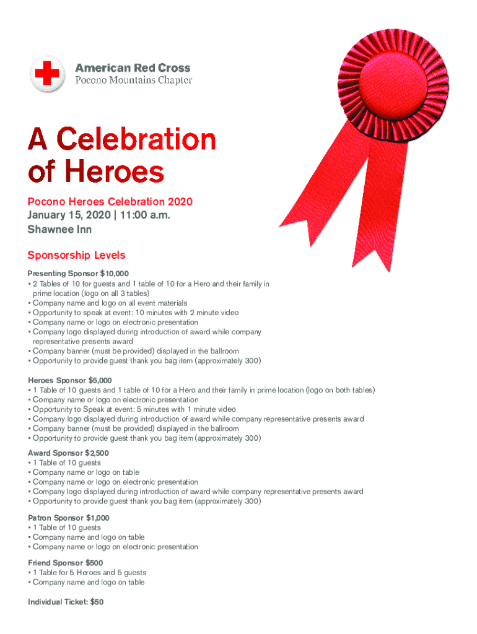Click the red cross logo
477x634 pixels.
(47, 74)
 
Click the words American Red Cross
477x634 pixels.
(133, 68)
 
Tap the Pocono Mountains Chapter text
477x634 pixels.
(133, 80)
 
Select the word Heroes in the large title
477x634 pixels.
(111, 172)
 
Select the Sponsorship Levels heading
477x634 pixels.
(76, 255)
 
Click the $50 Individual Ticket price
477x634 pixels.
(97, 601)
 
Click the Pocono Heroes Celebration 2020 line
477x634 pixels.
(110, 202)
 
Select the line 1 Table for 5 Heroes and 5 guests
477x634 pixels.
(89, 573)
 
